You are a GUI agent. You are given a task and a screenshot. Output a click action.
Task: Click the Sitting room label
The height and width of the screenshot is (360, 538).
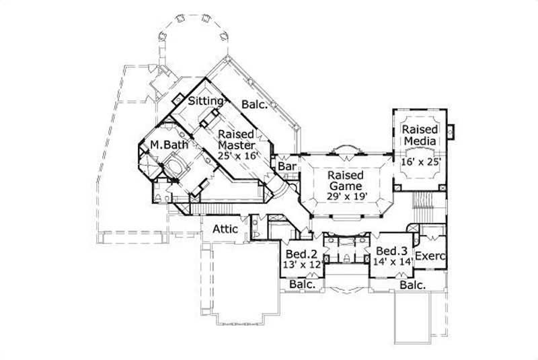(x=205, y=101)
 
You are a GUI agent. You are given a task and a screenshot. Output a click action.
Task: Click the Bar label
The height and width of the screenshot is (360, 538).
(x=288, y=166)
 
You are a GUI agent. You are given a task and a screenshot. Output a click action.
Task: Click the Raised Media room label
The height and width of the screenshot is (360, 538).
(x=420, y=135)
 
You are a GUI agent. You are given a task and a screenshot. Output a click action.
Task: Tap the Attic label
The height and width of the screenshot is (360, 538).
(x=225, y=229)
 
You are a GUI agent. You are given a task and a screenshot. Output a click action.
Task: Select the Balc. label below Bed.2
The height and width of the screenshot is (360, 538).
(x=301, y=285)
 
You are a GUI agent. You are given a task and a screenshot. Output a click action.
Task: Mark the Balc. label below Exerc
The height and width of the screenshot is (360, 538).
(x=412, y=285)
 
